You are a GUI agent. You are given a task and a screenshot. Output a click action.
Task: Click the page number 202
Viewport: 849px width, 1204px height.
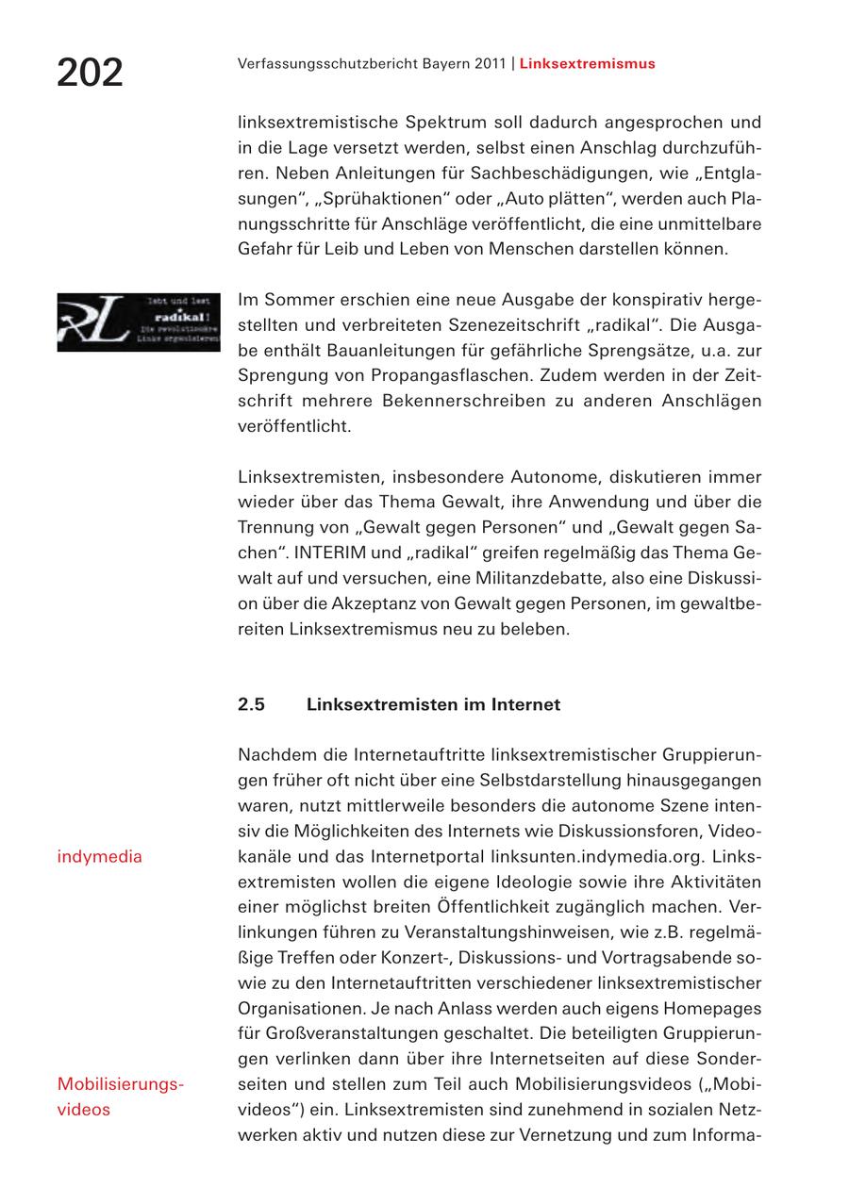[91, 73]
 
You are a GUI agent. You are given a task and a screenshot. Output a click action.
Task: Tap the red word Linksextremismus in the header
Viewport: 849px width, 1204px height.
[587, 64]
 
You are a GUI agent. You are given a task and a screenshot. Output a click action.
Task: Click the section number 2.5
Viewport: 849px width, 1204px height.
[251, 704]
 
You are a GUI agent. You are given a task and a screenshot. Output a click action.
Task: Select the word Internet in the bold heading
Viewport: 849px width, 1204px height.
[525, 704]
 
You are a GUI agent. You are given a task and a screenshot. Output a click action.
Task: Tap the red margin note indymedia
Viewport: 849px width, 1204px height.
[100, 856]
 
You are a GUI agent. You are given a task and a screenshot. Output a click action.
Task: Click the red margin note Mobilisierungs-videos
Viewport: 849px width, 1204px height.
[120, 1097]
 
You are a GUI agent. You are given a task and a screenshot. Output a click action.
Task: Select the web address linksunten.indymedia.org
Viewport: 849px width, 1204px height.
[597, 856]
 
